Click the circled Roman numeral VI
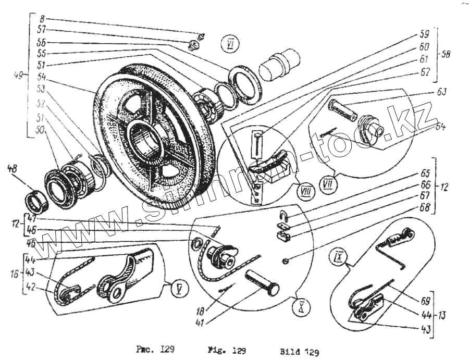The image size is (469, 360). click(x=229, y=44)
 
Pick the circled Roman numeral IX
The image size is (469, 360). click(x=339, y=257)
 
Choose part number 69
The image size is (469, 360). click(x=425, y=301)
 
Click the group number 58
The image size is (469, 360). click(x=446, y=54)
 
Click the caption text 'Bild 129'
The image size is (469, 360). click(x=297, y=351)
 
